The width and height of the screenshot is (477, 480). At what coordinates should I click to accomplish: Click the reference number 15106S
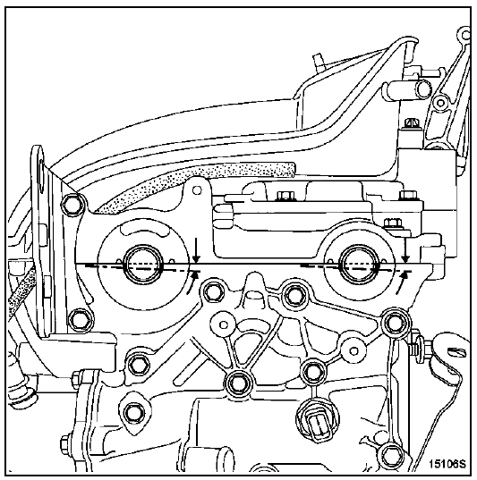[447, 464]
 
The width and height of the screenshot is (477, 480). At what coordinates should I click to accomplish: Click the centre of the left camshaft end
[142, 265]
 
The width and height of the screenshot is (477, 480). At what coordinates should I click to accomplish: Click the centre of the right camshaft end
[358, 265]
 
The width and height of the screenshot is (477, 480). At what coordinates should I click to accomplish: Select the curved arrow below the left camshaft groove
[192, 283]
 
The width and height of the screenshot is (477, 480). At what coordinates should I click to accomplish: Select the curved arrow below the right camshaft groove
[402, 283]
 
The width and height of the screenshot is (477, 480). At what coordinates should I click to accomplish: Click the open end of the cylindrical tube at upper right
[423, 88]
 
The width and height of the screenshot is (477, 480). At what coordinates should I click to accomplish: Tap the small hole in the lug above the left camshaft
[197, 190]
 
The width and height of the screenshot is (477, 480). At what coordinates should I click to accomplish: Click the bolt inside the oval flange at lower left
[132, 414]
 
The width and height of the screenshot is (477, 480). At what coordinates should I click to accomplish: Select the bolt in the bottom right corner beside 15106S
[389, 455]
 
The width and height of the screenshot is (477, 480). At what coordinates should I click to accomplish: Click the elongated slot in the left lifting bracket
[40, 172]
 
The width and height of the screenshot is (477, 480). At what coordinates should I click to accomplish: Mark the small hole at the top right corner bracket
[465, 34]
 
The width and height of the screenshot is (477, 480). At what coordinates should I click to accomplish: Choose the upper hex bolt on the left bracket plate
[74, 204]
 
